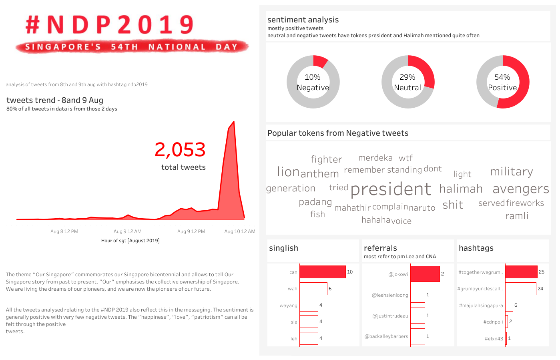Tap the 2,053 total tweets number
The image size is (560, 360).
[x=180, y=150]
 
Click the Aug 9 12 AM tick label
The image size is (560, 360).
[x=127, y=231]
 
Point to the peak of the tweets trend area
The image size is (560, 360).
[x=234, y=122]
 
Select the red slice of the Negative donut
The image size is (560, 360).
[x=320, y=61]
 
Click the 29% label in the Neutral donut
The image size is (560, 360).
[x=407, y=77]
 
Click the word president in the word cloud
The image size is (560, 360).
[x=391, y=189]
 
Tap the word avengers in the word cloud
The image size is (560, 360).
[x=521, y=189]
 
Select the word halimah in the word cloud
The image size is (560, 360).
[x=461, y=189]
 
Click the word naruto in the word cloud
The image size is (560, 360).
[x=422, y=208]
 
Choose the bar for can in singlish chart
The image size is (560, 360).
[x=322, y=272]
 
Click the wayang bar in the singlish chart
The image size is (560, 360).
[x=309, y=305]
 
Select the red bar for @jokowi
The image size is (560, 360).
[x=425, y=274]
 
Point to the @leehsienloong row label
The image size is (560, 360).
[x=390, y=295]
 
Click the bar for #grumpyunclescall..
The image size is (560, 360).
[x=520, y=289]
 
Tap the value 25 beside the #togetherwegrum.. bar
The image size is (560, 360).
[x=542, y=272]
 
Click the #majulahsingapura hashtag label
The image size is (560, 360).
[x=481, y=306]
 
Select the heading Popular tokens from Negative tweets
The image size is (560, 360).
[x=338, y=133]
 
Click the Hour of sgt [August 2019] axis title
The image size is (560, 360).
[x=130, y=241]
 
